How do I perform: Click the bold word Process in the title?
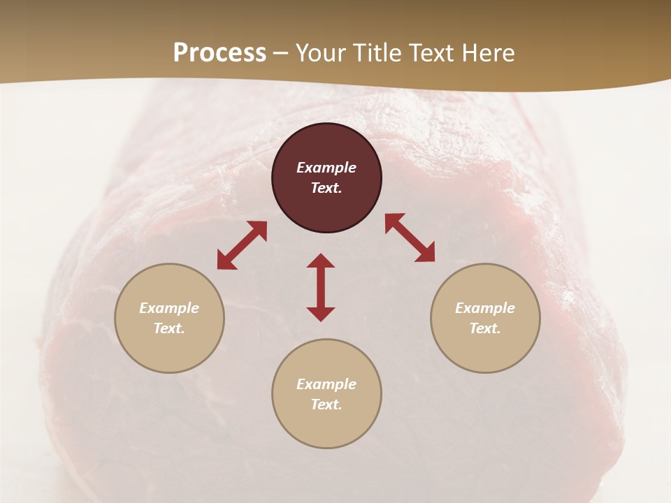[219, 53]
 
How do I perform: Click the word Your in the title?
[322, 53]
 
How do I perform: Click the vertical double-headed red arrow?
[321, 287]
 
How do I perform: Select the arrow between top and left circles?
[242, 245]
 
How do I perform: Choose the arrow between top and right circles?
[410, 238]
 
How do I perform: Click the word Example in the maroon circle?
[326, 168]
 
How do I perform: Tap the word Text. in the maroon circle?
[326, 188]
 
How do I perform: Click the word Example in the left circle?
[169, 308]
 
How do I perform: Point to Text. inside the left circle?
[169, 328]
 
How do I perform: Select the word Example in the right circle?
[485, 308]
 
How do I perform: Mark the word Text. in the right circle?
[485, 328]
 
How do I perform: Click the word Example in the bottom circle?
[326, 384]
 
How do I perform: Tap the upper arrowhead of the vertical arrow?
[321, 261]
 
